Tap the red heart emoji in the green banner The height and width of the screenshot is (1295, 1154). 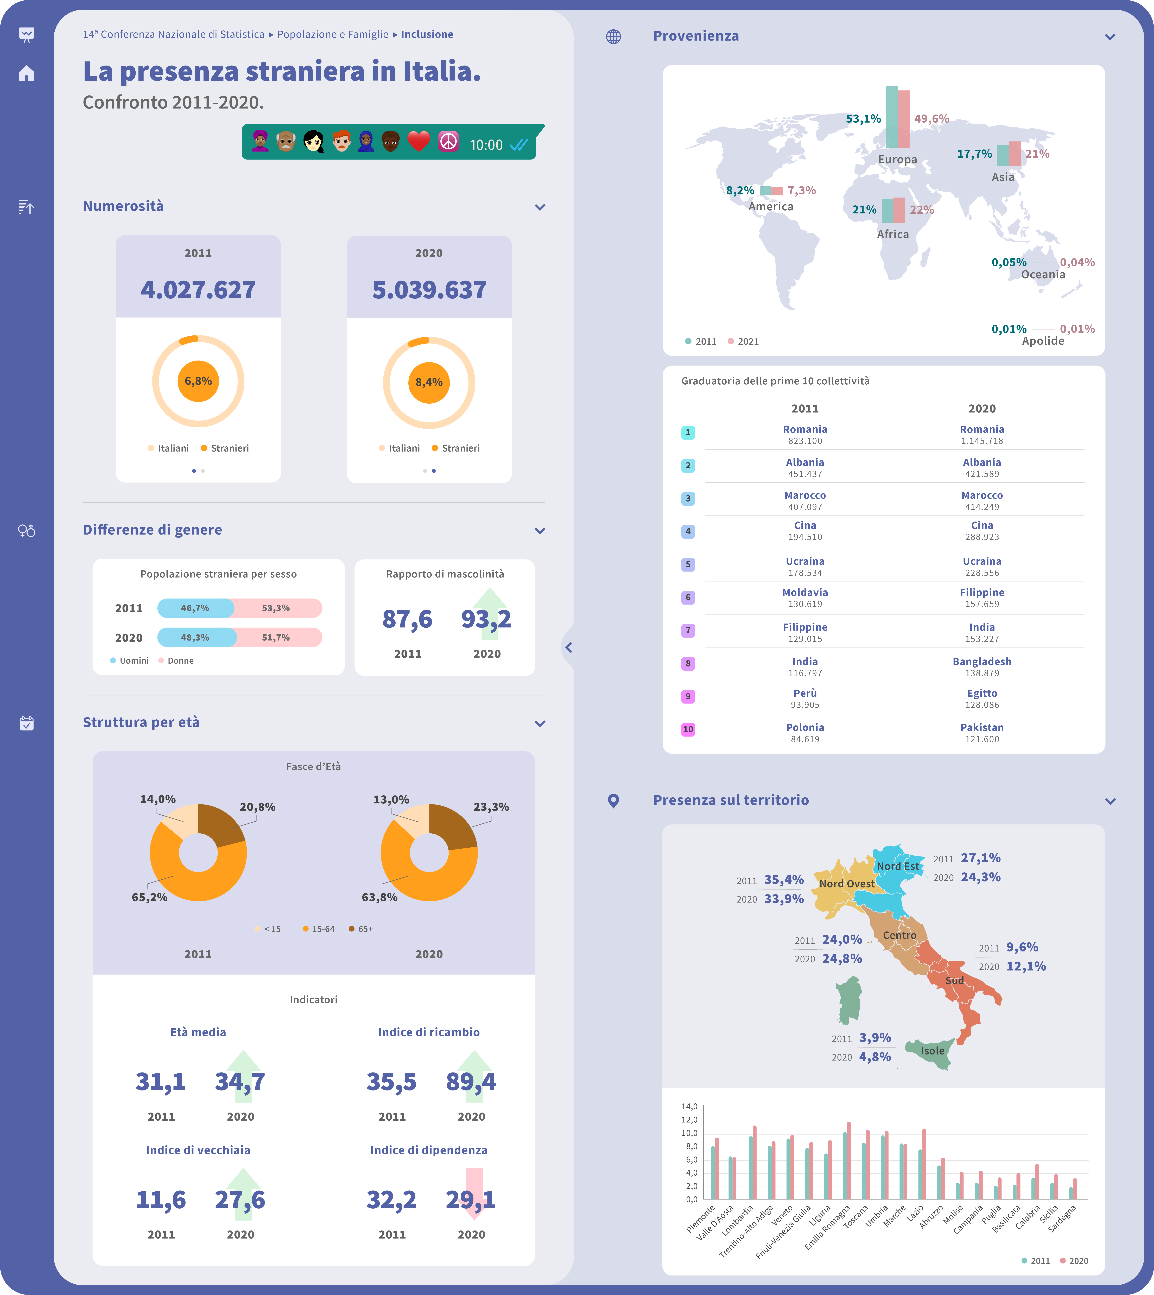[419, 141]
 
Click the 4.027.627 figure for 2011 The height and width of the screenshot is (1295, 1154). [198, 290]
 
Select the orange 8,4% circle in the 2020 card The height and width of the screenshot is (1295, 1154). [429, 382]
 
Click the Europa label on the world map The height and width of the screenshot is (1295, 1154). [897, 159]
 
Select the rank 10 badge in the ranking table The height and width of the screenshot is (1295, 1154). [688, 729]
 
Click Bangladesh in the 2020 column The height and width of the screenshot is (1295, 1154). [981, 662]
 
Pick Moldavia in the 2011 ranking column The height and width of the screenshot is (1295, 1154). [805, 592]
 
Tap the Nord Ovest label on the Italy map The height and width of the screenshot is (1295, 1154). [846, 883]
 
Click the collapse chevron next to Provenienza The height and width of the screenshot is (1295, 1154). [1110, 37]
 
